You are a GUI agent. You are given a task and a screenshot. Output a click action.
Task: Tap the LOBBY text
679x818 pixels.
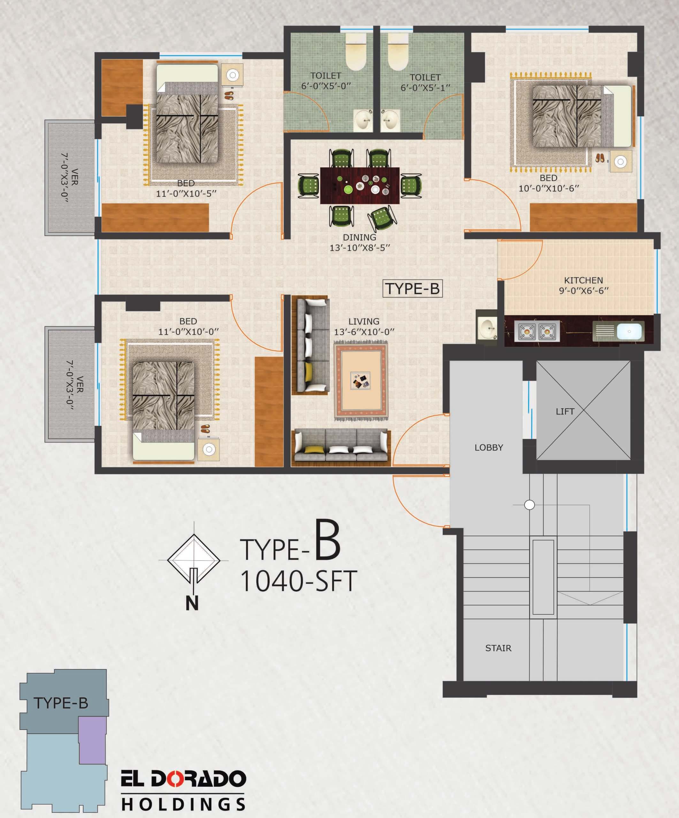click(489, 448)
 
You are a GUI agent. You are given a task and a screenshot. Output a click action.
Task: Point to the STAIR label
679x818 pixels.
click(498, 648)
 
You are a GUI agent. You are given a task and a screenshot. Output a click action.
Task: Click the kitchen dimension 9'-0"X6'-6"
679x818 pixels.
click(584, 290)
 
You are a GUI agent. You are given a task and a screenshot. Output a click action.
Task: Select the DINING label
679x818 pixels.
click(359, 237)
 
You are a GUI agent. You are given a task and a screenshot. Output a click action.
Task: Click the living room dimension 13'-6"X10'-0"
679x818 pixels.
click(364, 332)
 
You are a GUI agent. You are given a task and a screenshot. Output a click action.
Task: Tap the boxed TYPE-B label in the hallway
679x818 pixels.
click(413, 289)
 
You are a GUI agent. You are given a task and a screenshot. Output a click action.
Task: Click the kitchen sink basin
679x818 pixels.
click(629, 331)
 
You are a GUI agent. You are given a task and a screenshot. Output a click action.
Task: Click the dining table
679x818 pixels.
click(360, 185)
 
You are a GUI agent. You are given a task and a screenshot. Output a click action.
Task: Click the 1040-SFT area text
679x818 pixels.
click(298, 582)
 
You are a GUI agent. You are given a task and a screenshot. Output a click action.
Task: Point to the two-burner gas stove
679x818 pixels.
click(537, 331)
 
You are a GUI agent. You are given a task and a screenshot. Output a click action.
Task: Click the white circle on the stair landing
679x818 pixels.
click(530, 505)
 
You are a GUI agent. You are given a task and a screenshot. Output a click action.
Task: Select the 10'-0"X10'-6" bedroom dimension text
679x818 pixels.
click(549, 188)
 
